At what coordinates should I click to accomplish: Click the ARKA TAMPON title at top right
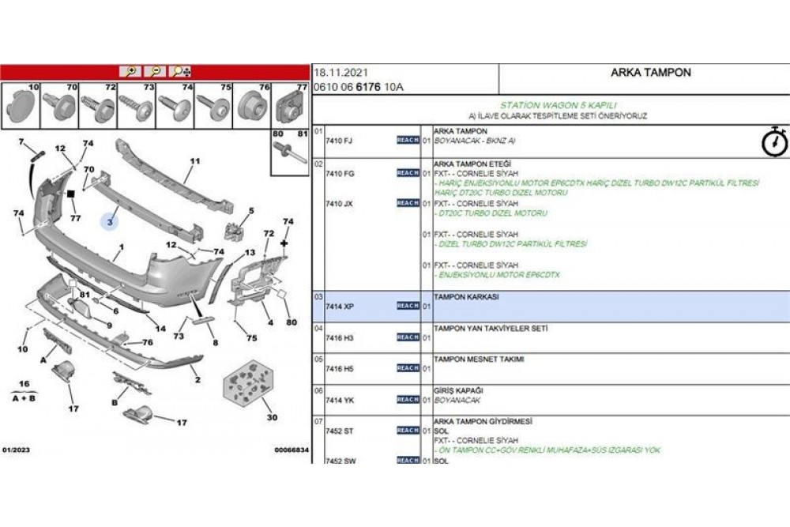pyautogui.click(x=650, y=73)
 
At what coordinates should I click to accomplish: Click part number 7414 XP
pyautogui.click(x=339, y=306)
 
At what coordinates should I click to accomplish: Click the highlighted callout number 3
pyautogui.click(x=111, y=223)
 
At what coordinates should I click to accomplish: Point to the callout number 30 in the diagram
pyautogui.click(x=273, y=418)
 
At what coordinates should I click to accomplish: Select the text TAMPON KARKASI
pyautogui.click(x=466, y=297)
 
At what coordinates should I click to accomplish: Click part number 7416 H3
pyautogui.click(x=339, y=337)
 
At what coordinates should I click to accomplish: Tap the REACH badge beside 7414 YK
pyautogui.click(x=408, y=400)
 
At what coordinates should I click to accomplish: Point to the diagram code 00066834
pyautogui.click(x=291, y=450)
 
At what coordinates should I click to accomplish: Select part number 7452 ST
pyautogui.click(x=339, y=431)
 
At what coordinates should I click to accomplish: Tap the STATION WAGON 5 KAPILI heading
pyautogui.click(x=558, y=105)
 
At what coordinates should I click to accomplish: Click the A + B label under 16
pyautogui.click(x=24, y=400)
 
